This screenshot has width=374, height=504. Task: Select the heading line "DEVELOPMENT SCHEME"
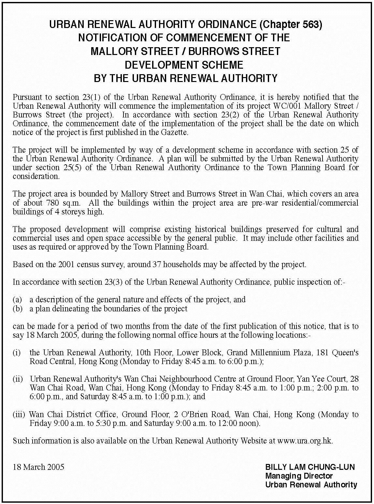[x=184, y=65]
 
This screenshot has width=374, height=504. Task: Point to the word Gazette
[x=176, y=132]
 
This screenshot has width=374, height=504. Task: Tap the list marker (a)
[x=18, y=299]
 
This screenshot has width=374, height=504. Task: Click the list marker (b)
[x=18, y=308]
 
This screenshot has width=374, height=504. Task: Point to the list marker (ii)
[x=18, y=379]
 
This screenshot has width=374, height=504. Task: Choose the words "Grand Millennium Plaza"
[x=268, y=353]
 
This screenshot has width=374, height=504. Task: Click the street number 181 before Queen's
[x=323, y=353]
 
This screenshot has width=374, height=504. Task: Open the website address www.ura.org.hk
[x=305, y=441]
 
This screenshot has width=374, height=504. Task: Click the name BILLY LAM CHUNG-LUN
[x=310, y=467]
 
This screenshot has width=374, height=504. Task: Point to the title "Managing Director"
[x=299, y=476]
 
